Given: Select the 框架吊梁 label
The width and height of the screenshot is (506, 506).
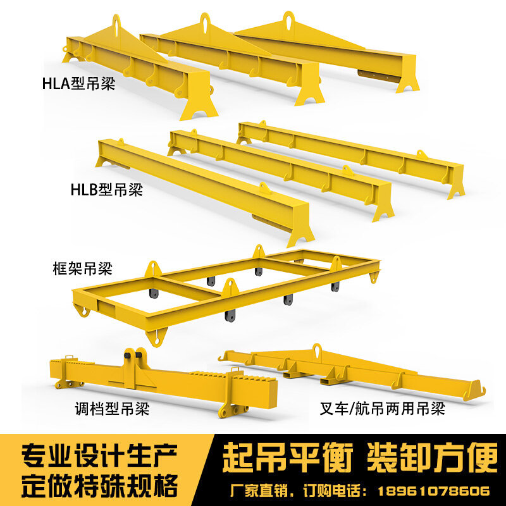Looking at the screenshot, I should [82, 268].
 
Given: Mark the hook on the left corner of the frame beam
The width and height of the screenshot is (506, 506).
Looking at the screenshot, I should [80, 311].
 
